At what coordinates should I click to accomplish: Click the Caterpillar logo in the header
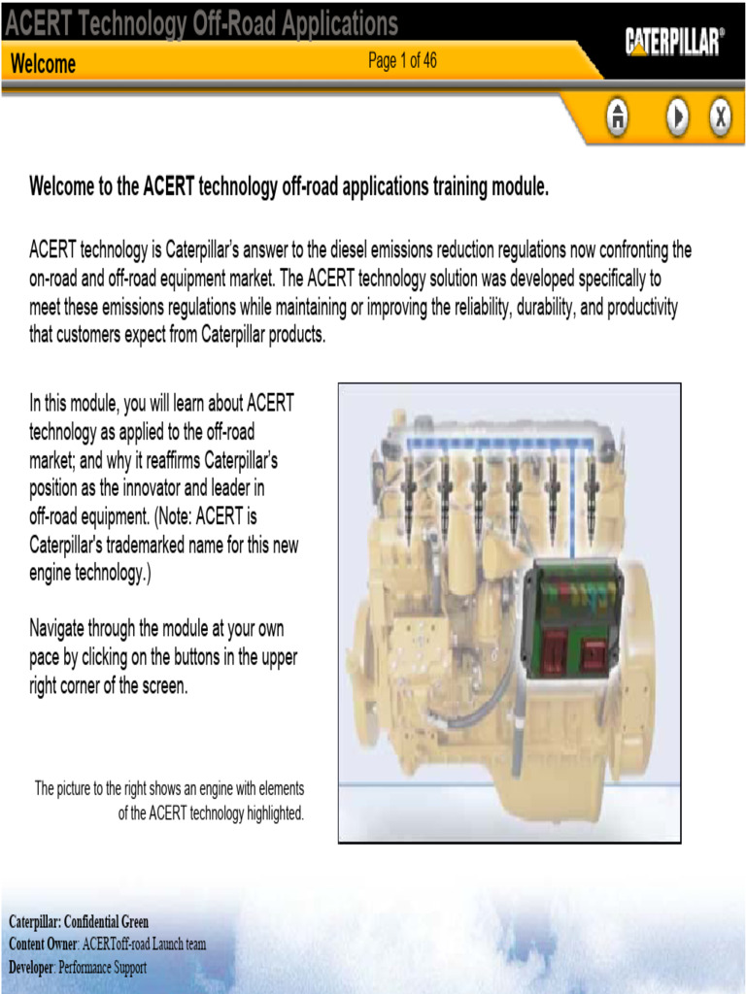coord(674,42)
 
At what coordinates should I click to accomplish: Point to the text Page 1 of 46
coord(402,61)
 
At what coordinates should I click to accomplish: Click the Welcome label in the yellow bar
coord(43,64)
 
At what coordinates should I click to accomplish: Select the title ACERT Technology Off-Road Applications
coord(202,23)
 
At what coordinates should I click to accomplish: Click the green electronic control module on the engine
coord(572,621)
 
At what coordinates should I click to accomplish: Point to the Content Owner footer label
coord(43,944)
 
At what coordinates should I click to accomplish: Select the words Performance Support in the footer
coord(102,967)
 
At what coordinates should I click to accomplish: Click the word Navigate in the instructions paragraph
coord(62,629)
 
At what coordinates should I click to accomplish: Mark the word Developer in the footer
coord(31,967)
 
